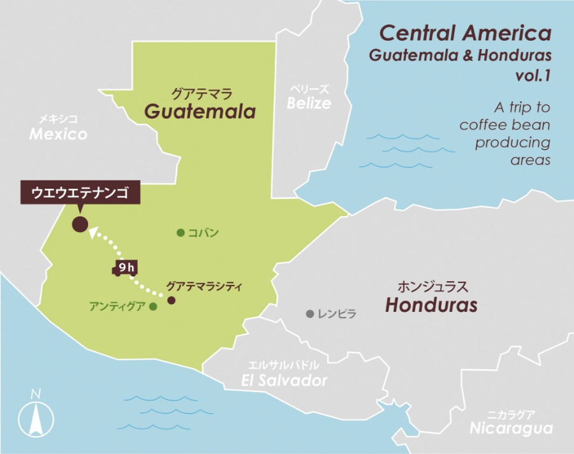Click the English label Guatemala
pyautogui.click(x=200, y=112)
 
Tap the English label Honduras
pyautogui.click(x=431, y=305)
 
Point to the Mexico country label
pyautogui.click(x=58, y=135)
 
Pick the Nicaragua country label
pyautogui.click(x=511, y=428)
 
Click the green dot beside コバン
pyautogui.click(x=181, y=233)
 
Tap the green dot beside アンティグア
pyautogui.click(x=153, y=307)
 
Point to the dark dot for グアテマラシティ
pyautogui.click(x=171, y=300)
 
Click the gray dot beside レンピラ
pyautogui.click(x=310, y=314)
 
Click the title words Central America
pyautogui.click(x=465, y=33)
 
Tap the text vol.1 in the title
pyautogui.click(x=533, y=76)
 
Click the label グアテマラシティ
pyautogui.click(x=203, y=286)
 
